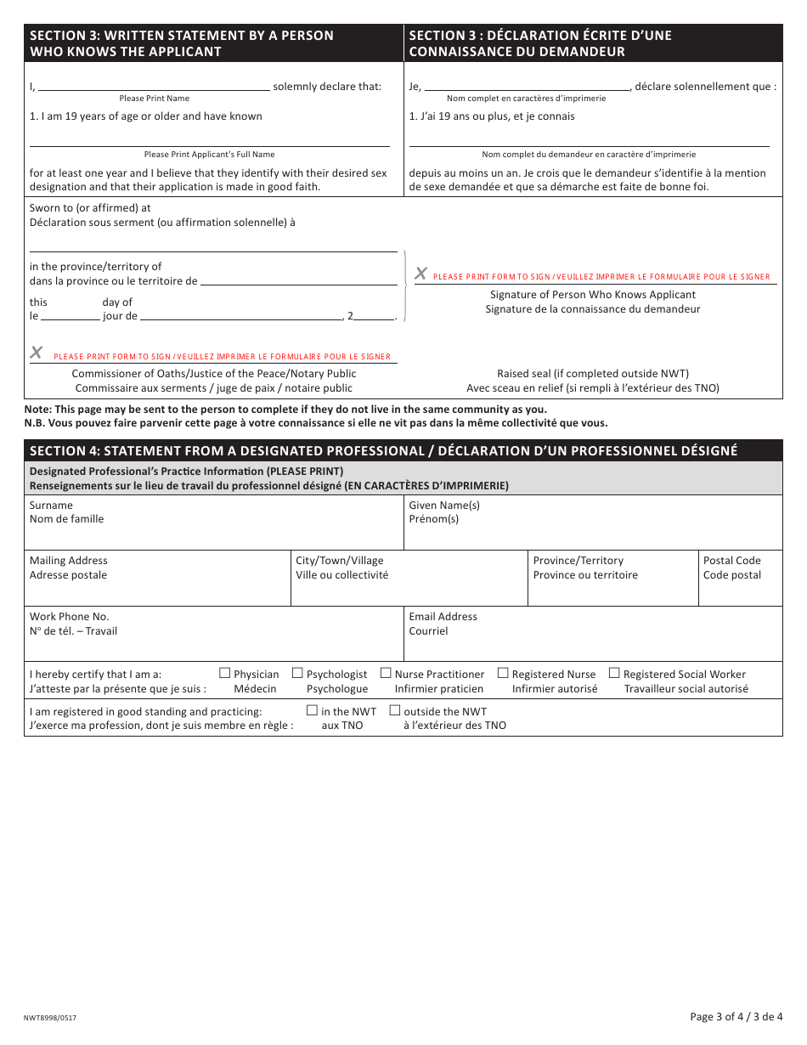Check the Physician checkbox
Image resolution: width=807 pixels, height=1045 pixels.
pos(225,673)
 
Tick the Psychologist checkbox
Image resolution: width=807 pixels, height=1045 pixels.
pos(297,673)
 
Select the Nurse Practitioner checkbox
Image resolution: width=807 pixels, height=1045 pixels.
pos(386,673)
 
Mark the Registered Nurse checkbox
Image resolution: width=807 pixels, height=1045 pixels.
pos(503,673)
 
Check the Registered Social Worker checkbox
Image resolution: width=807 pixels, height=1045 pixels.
pos(614,673)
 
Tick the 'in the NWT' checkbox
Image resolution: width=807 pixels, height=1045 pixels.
pos(312,710)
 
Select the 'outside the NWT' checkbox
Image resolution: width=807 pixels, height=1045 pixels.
pos(394,710)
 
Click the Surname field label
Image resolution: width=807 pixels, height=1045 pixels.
pos(51,506)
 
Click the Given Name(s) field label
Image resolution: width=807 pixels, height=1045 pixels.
pos(444,506)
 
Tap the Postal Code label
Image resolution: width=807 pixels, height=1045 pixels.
pos(731,561)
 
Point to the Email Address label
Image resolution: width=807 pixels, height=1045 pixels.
pos(443,617)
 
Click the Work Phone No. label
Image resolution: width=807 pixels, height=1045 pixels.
pos(70,617)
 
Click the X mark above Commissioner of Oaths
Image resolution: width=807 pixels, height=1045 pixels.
pos(37,353)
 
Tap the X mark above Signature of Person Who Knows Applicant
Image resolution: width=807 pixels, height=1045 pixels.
pos(420,274)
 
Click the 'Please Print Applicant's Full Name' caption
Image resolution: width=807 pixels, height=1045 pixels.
pos(209,155)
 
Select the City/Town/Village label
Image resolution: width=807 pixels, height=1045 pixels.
pos(339,561)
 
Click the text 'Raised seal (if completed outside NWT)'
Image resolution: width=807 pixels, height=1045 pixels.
pos(592,374)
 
